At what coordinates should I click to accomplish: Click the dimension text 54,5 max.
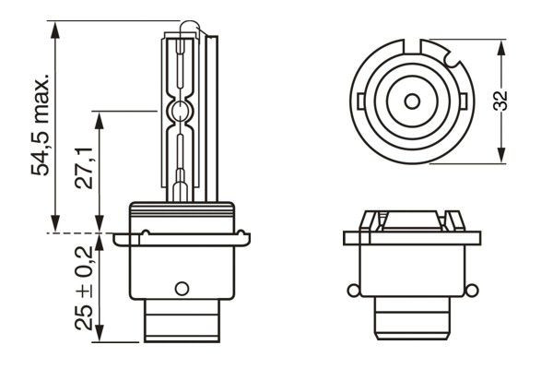point(40,121)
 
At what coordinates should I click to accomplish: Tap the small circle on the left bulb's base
point(181,285)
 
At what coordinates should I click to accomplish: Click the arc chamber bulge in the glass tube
point(181,113)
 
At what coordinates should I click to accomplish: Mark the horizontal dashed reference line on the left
point(78,232)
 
